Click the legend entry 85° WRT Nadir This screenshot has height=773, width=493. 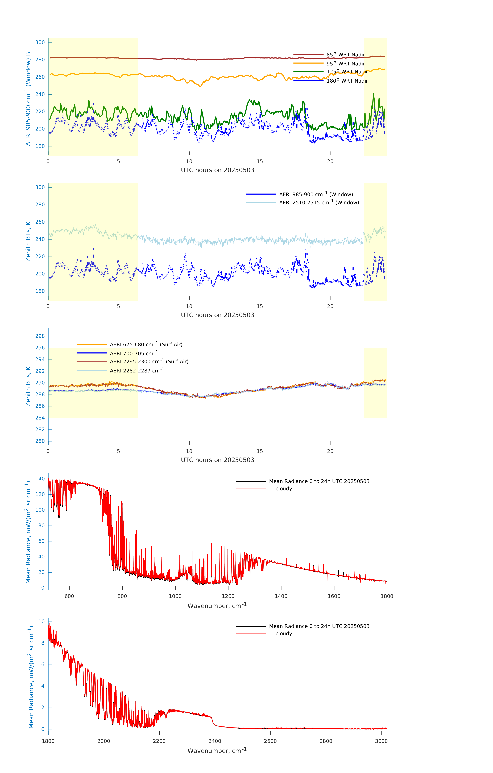[x=346, y=55]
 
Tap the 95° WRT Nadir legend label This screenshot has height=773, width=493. [x=346, y=64]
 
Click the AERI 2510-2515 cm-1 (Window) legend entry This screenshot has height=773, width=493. [x=319, y=203]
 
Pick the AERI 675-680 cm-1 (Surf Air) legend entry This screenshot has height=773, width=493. [x=146, y=345]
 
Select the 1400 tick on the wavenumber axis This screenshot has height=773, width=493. [x=281, y=596]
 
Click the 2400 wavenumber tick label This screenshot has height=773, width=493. [x=215, y=741]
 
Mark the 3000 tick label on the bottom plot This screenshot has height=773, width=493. [x=381, y=741]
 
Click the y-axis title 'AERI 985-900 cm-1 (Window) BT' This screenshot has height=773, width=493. [x=28, y=97]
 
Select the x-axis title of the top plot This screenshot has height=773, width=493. [x=217, y=170]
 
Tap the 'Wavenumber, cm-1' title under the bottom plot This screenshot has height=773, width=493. [x=217, y=751]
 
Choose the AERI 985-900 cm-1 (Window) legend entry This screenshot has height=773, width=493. [x=316, y=194]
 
